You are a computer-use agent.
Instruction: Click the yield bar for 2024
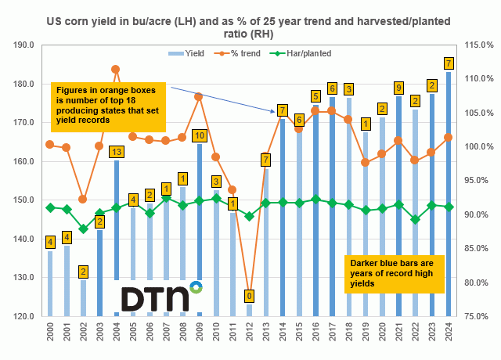449,196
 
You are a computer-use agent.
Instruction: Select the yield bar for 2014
282,219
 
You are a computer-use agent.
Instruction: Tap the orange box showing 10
200,135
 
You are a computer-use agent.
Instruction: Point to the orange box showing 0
248,296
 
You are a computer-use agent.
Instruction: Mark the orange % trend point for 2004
116,69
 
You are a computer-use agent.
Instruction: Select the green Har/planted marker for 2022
415,219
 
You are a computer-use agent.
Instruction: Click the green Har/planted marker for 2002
83,228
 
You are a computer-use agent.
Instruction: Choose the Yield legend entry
186,53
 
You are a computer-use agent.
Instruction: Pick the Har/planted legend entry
302,53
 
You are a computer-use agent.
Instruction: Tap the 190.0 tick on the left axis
22,45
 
